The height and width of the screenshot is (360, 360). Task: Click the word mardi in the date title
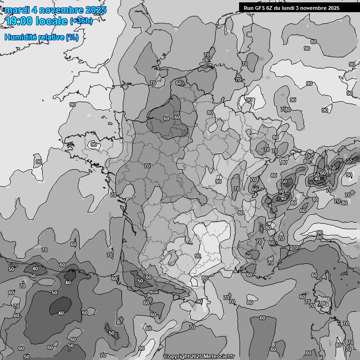tap(16, 10)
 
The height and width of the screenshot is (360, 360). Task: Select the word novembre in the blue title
tap(58, 10)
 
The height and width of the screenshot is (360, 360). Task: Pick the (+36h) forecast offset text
tap(81, 21)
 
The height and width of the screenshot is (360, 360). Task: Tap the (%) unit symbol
tap(72, 37)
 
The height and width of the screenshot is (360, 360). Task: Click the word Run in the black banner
tap(249, 7)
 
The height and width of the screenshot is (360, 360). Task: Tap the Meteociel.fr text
tap(217, 357)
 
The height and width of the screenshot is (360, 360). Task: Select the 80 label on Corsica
tap(323, 304)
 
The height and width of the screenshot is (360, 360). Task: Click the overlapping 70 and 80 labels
tap(286, 110)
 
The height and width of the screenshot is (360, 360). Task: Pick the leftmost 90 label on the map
tap(38, 162)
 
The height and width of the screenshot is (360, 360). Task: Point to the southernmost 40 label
tap(60, 313)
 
